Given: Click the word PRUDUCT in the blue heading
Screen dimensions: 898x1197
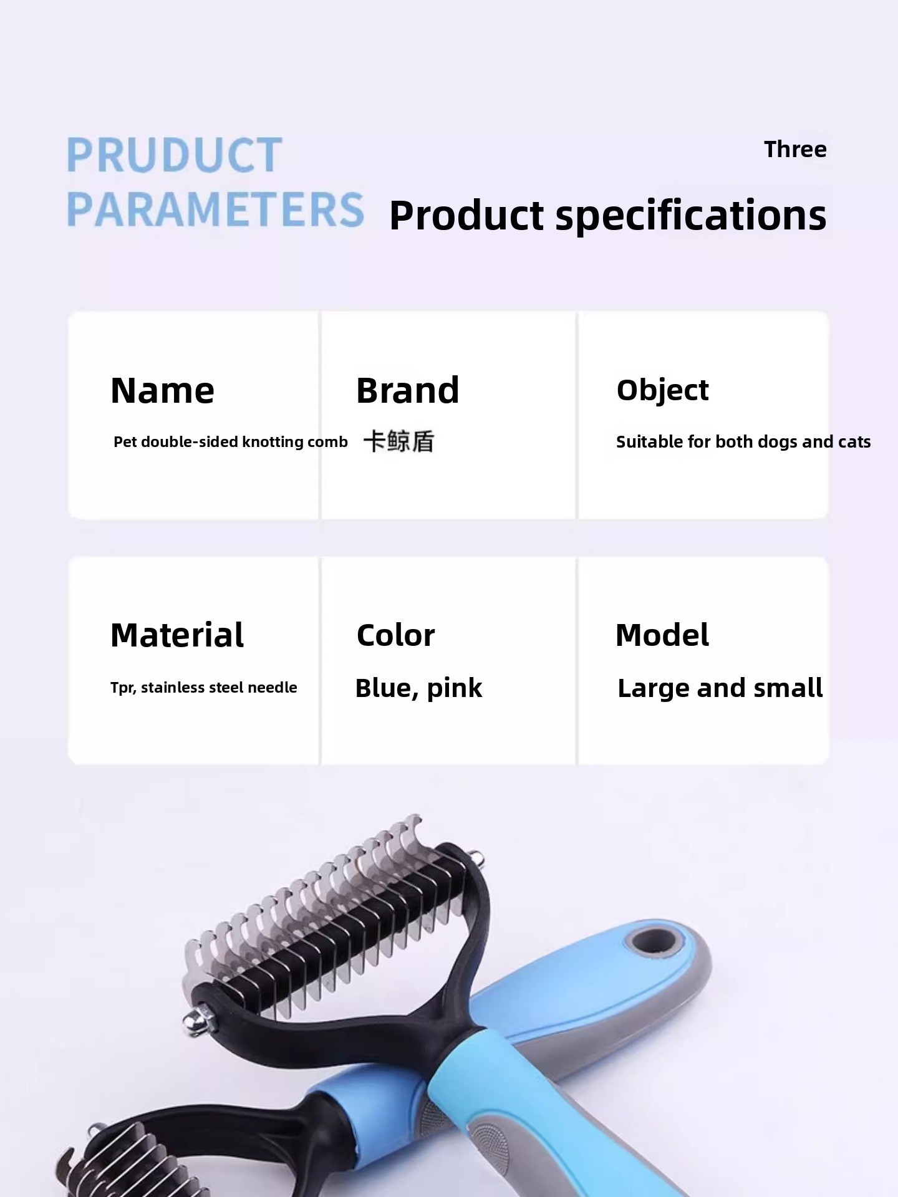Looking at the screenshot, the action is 174,155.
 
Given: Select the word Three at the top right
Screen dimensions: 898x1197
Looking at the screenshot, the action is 795,150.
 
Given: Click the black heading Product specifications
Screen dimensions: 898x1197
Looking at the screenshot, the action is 608,216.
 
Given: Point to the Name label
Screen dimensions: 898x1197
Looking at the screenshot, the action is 162,391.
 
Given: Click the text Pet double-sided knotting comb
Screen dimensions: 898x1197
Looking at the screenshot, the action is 231,442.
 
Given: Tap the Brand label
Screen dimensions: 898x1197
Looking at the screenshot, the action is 407,391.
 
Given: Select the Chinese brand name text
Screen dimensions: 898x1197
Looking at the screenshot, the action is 398,441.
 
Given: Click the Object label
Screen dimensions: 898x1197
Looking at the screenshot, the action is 662,391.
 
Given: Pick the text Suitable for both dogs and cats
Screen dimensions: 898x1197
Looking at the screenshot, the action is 743,442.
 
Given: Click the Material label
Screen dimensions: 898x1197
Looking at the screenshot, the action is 177,635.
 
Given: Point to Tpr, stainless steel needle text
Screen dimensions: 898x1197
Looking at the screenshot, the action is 204,687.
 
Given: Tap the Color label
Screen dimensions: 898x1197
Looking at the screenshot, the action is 395,635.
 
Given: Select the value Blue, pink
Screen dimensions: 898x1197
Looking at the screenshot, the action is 418,688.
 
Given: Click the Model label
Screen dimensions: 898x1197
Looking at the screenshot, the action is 662,635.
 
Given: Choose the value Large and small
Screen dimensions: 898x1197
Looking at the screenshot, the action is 720,688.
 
